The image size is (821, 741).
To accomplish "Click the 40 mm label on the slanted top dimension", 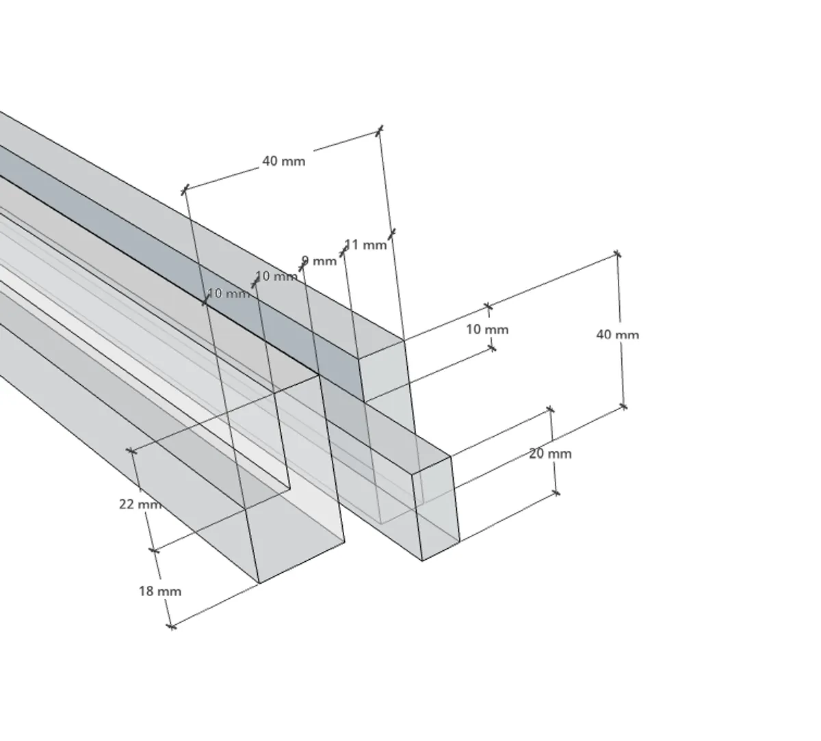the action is (284, 161).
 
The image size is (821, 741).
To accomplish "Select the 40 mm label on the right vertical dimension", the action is (617, 335).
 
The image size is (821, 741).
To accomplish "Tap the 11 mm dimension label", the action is (365, 245).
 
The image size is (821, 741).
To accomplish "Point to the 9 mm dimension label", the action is (320, 261).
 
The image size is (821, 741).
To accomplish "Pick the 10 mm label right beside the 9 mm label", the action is (276, 276).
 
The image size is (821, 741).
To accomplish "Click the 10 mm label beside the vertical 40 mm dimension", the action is (487, 329).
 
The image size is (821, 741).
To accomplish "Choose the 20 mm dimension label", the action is (550, 453).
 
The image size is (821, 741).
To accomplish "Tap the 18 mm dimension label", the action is (159, 591).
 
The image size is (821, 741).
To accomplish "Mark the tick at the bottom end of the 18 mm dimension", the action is (172, 626).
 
